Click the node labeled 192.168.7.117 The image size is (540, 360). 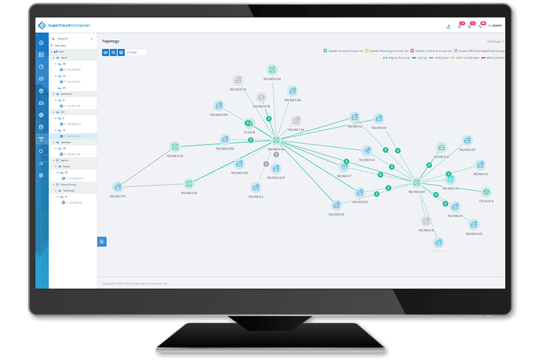(x=118, y=187)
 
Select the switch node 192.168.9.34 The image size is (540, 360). (x=188, y=183)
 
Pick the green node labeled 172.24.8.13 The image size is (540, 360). (x=486, y=192)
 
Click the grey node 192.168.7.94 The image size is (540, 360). (x=296, y=121)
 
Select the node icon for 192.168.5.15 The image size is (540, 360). (x=337, y=205)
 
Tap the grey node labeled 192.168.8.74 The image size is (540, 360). (x=238, y=80)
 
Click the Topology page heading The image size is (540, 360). (x=110, y=41)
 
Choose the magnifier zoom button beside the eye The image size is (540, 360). (x=113, y=53)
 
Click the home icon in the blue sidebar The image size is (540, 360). (x=41, y=43)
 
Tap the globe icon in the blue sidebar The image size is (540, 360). (x=41, y=115)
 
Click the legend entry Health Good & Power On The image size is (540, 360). (x=344, y=51)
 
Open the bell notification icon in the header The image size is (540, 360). (x=471, y=26)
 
